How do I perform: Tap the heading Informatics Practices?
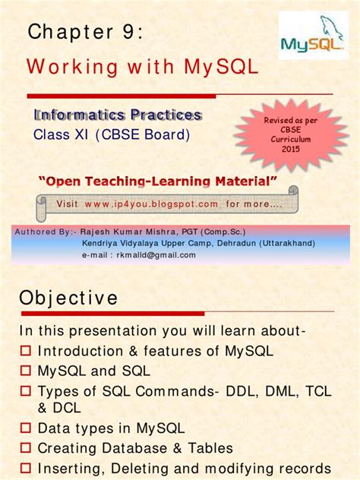click(118, 115)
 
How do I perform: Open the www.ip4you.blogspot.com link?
click(151, 204)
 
